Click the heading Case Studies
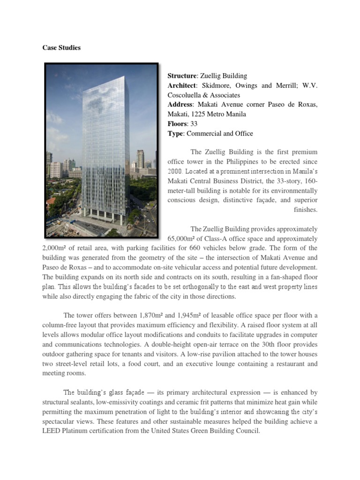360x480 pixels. coord(61,48)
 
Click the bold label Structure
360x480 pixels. coord(182,75)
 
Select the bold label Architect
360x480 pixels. coord(182,85)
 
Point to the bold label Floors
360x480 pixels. coord(177,124)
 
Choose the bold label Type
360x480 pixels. coord(175,134)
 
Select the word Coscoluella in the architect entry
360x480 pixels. coord(187,95)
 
